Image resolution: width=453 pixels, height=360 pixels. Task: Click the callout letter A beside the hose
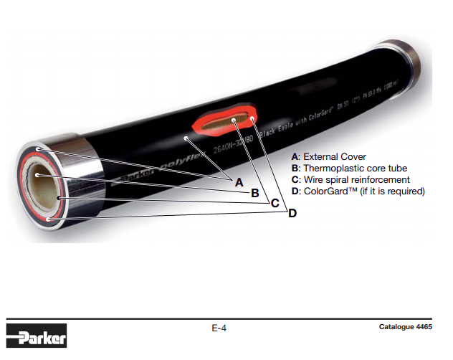click(239, 182)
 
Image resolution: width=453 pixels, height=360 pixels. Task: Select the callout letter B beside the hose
click(255, 193)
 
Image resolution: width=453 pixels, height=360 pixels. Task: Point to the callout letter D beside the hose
click(292, 213)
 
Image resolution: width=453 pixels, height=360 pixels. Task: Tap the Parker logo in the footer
click(37, 335)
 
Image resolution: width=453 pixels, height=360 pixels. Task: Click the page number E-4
click(219, 328)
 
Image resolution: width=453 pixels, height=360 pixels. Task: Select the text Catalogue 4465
click(406, 328)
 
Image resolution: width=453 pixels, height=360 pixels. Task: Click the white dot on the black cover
click(185, 136)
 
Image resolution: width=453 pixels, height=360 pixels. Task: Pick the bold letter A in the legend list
click(295, 156)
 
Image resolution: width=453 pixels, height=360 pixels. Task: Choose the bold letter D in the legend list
click(295, 191)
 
